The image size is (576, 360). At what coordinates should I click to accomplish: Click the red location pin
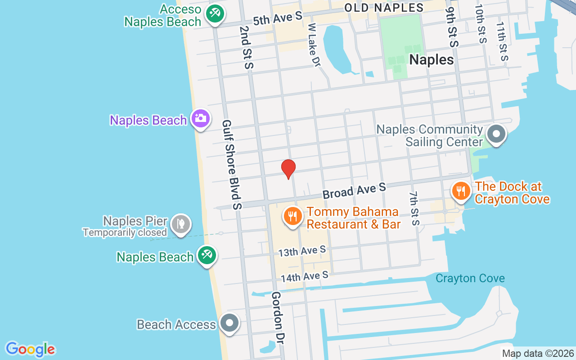288,169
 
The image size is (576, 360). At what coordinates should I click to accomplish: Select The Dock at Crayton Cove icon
460,191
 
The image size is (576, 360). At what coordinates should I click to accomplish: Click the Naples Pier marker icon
181,224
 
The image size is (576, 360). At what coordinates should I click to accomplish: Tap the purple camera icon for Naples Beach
200,119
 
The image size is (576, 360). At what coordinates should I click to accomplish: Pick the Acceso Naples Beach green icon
215,14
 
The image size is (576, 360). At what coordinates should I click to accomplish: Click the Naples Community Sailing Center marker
497,134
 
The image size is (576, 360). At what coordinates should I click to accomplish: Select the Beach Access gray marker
230,323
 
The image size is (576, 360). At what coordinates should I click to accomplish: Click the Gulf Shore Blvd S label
232,164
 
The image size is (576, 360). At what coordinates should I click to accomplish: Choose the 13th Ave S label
301,251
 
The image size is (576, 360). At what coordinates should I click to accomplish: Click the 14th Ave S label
305,276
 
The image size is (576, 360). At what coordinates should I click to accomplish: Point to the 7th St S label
414,208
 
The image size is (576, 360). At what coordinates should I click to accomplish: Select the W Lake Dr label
314,45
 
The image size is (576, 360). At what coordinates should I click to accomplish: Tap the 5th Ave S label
277,19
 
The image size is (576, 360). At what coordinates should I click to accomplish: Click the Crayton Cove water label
470,278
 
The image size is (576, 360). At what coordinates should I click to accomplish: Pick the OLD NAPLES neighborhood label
384,8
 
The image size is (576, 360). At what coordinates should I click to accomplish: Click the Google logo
30,349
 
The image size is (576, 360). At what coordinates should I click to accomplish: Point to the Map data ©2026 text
538,354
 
